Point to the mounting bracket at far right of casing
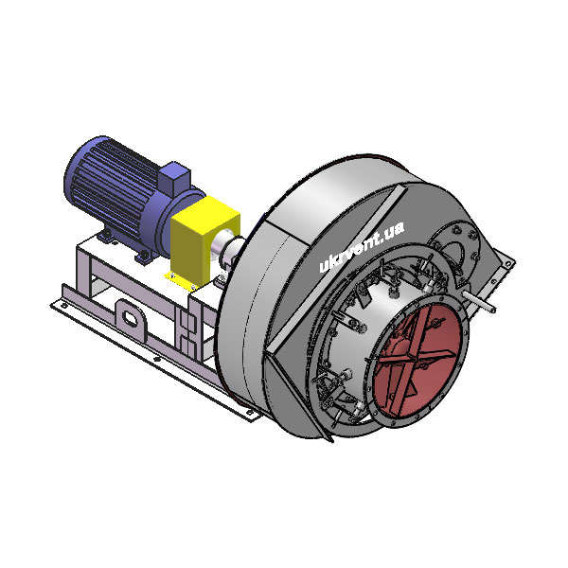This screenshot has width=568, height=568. click(507, 266)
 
